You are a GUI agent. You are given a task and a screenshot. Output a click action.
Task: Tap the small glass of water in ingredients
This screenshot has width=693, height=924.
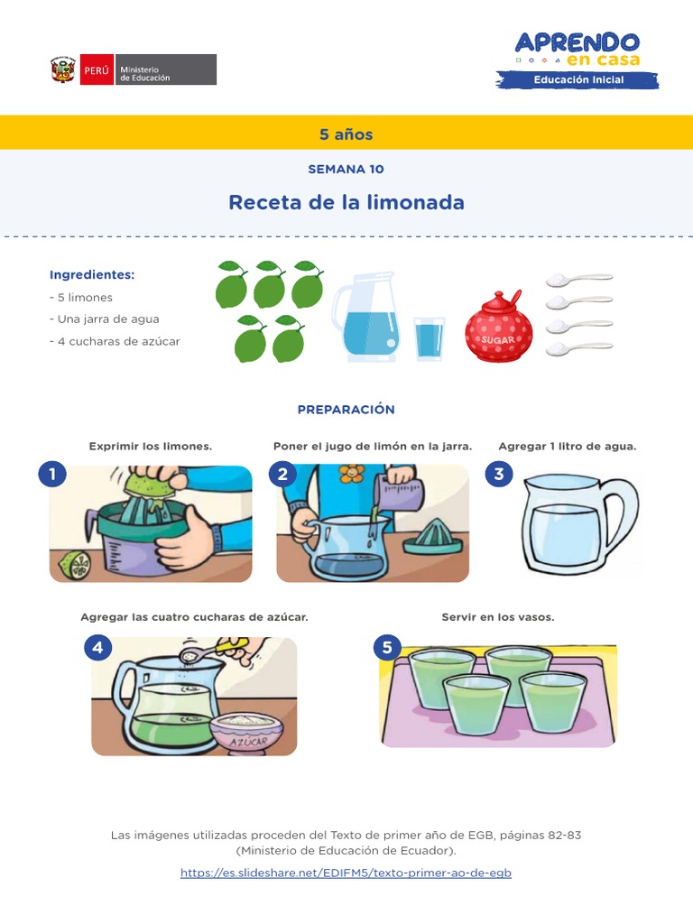pyautogui.click(x=430, y=338)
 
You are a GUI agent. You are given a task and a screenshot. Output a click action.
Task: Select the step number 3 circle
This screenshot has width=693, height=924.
pyautogui.click(x=498, y=474)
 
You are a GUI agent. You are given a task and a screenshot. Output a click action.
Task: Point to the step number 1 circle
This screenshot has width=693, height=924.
pyautogui.click(x=52, y=474)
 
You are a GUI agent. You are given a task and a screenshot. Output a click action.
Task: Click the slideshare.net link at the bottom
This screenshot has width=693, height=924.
pyautogui.click(x=346, y=873)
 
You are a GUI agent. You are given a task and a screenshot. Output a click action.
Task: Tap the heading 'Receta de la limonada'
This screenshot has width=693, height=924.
pyautogui.click(x=346, y=202)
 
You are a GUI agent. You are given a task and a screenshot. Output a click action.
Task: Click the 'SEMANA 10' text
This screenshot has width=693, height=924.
pyautogui.click(x=346, y=169)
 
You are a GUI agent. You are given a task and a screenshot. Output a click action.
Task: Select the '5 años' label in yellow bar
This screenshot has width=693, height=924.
pyautogui.click(x=346, y=134)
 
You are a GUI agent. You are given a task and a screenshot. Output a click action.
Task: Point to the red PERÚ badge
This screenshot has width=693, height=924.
pyautogui.click(x=97, y=69)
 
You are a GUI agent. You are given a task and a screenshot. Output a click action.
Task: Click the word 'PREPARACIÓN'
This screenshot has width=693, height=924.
pyautogui.click(x=346, y=410)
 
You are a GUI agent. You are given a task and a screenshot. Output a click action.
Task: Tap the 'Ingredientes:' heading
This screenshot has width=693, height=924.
pyautogui.click(x=92, y=274)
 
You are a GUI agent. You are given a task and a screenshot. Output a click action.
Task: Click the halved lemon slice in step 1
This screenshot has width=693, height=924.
pyautogui.click(x=75, y=565)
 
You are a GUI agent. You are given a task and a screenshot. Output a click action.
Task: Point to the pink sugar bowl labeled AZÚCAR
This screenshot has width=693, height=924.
pyautogui.click(x=245, y=733)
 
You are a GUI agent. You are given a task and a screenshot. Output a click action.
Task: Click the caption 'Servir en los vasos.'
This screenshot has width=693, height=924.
pyautogui.click(x=498, y=617)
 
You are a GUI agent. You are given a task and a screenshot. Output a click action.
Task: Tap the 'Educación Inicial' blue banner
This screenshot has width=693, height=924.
pyautogui.click(x=578, y=80)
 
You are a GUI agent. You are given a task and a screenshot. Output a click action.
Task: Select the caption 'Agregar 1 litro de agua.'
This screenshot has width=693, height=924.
pyautogui.click(x=568, y=446)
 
